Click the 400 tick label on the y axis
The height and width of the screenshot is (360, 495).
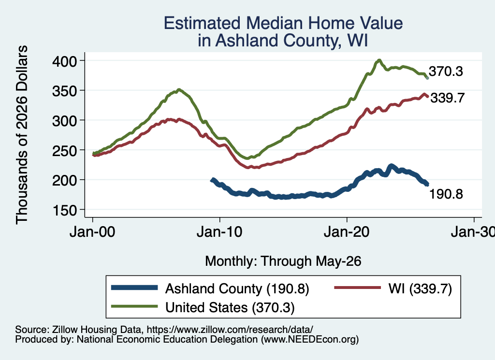[65, 61]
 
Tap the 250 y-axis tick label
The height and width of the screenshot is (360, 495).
[65, 150]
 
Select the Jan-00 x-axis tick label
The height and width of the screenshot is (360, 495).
[92, 232]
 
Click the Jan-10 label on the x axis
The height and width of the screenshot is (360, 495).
[219, 232]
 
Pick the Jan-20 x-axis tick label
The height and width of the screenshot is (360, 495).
[347, 232]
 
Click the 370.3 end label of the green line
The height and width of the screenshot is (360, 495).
[446, 72]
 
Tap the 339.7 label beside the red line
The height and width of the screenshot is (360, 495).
[447, 98]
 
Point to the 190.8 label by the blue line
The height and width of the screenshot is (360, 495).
[446, 194]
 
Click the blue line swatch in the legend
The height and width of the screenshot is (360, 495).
[134, 288]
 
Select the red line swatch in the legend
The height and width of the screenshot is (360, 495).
[357, 288]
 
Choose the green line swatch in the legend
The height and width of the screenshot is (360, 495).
[134, 306]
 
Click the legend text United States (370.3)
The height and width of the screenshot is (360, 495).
[230, 308]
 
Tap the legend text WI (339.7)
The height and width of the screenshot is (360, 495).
[420, 288]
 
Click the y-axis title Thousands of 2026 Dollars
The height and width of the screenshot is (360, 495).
[22, 135]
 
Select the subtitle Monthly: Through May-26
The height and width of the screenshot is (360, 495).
[283, 261]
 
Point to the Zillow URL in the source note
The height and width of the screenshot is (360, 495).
[230, 330]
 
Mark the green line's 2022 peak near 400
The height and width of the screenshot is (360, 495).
[379, 60]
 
